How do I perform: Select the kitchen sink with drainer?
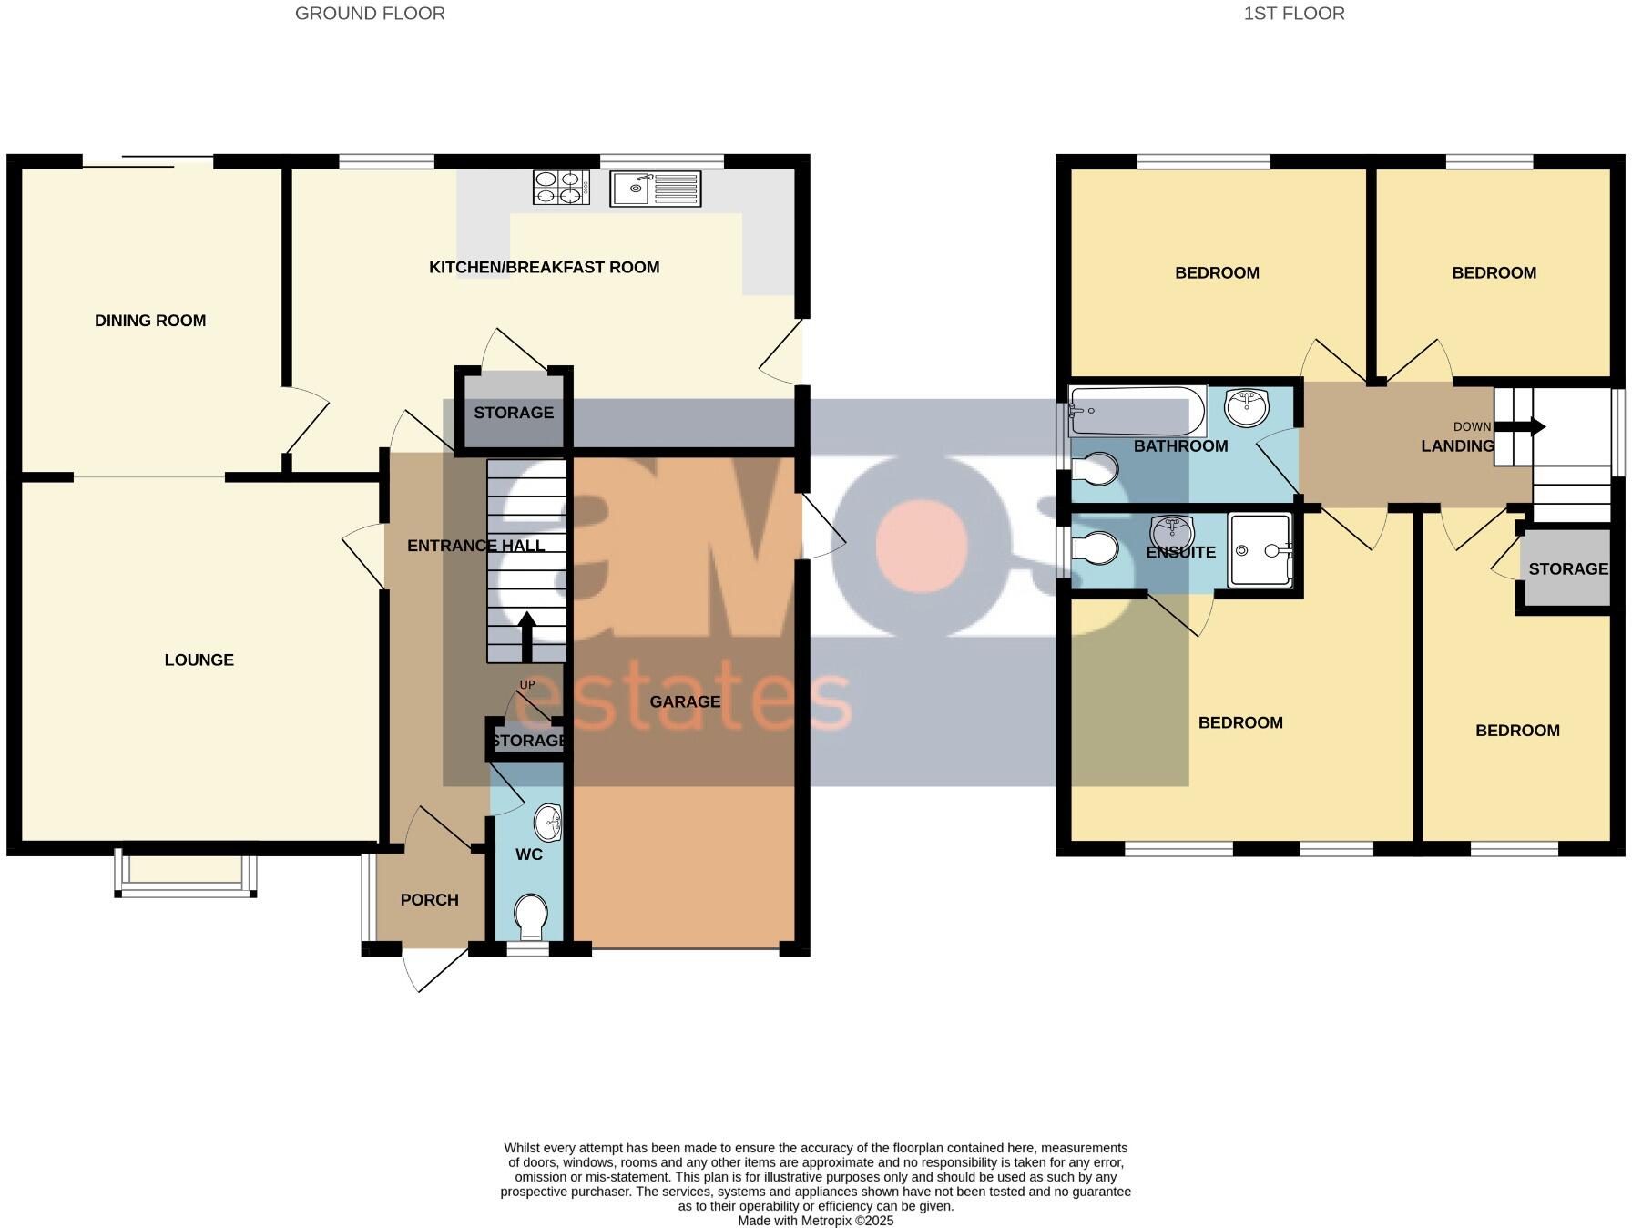[x=656, y=189]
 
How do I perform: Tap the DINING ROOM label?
[x=150, y=321]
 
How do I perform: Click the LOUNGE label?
[x=199, y=660]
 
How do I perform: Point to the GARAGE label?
[x=685, y=702]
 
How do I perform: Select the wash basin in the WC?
[x=547, y=823]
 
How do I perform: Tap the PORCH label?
[x=429, y=900]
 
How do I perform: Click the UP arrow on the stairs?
[x=526, y=637]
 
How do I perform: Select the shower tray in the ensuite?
[x=1260, y=550]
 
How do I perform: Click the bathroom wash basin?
[x=1247, y=406]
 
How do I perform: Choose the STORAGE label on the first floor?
[x=1567, y=569]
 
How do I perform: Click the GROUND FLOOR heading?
[x=370, y=14]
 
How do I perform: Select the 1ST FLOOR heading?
[x=1293, y=14]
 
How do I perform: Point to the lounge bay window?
[x=185, y=875]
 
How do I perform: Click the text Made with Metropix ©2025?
[x=815, y=1221]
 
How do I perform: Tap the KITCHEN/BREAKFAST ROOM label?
[x=544, y=268]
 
